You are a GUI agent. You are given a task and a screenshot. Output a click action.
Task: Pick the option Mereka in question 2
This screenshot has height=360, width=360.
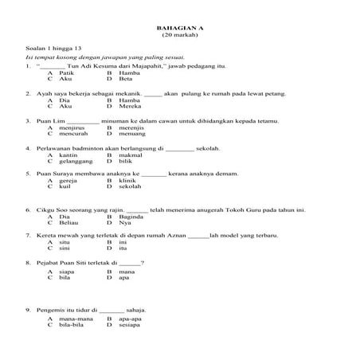[130, 108]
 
